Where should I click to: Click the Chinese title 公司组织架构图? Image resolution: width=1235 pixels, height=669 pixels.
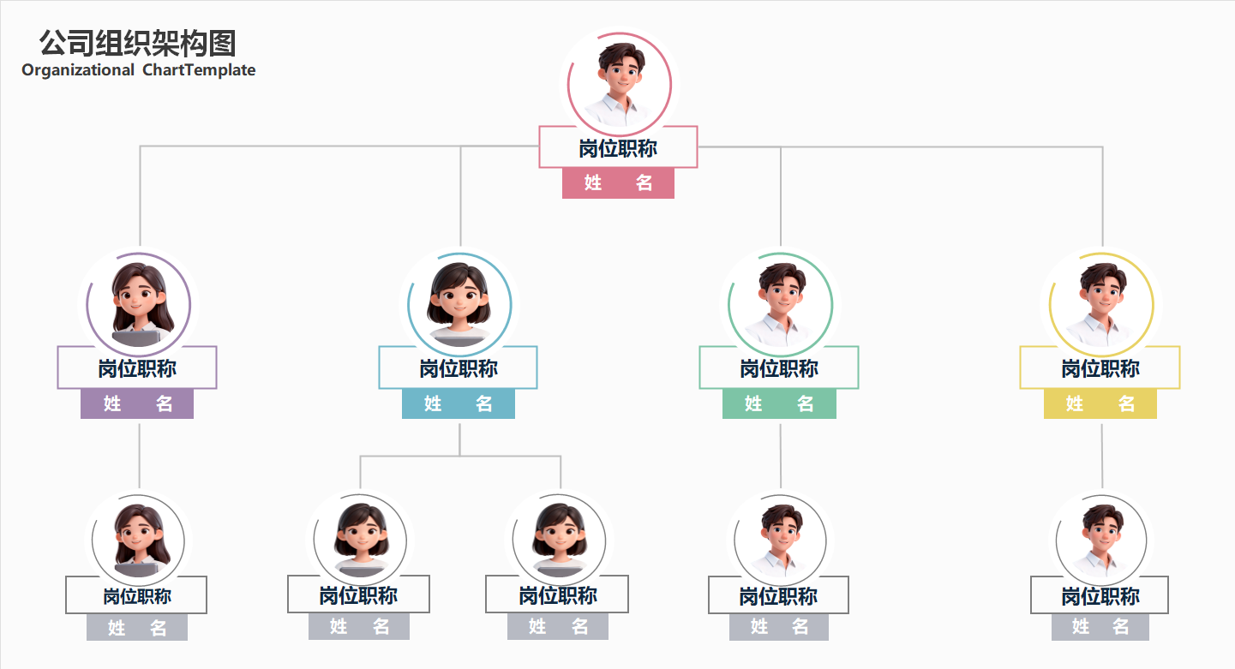coord(138,43)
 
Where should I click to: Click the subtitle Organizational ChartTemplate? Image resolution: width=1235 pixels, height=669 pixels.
coord(139,70)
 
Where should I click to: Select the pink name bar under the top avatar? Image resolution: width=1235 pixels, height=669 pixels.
coord(618,182)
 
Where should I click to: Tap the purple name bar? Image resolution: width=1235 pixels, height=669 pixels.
coord(137,403)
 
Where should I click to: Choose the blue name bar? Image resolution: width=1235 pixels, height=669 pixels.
coord(459,403)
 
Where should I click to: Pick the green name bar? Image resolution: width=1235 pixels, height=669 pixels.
coord(779,403)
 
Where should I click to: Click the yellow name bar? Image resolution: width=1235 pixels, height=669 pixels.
coord(1100,403)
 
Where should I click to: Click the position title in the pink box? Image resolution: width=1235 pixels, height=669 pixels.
coord(618,148)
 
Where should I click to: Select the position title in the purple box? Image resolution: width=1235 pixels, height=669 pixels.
coord(137,368)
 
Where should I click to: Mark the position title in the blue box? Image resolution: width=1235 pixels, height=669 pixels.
coord(459,368)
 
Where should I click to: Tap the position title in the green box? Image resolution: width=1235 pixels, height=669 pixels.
coord(779,368)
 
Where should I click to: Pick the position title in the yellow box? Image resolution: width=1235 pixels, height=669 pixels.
coord(1100,368)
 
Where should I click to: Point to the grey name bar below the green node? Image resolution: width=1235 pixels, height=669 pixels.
coord(779,627)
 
